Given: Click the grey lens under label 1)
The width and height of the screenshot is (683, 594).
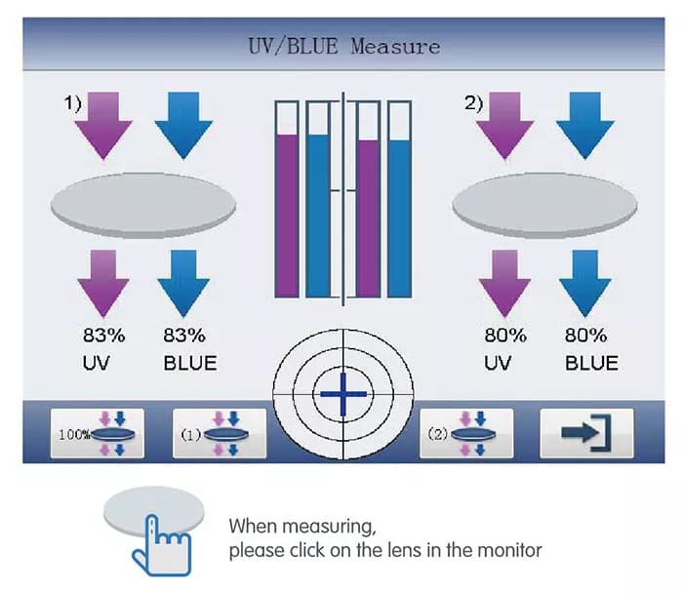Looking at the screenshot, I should [142, 203].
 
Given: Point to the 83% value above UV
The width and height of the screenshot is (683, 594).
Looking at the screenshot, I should [103, 336].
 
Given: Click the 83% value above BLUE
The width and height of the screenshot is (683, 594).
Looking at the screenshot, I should [184, 336].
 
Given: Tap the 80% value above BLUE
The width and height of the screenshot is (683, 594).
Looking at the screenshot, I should [586, 336].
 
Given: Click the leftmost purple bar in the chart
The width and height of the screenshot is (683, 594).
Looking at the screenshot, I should [287, 215].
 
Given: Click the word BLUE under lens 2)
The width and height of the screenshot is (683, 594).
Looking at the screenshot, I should [591, 364].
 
